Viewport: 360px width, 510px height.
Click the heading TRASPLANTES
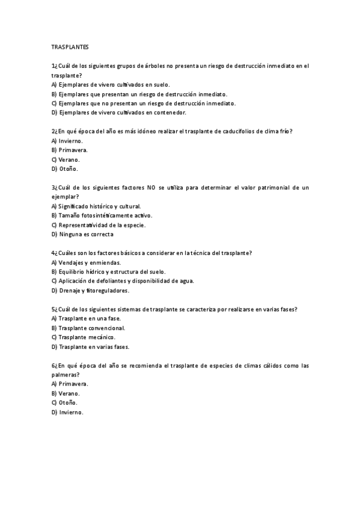pos(70,46)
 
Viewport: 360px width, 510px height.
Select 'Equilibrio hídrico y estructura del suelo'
pos(112,271)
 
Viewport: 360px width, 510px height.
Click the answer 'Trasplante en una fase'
pos(90,319)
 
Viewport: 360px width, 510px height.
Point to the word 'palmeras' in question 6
pos(65,374)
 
